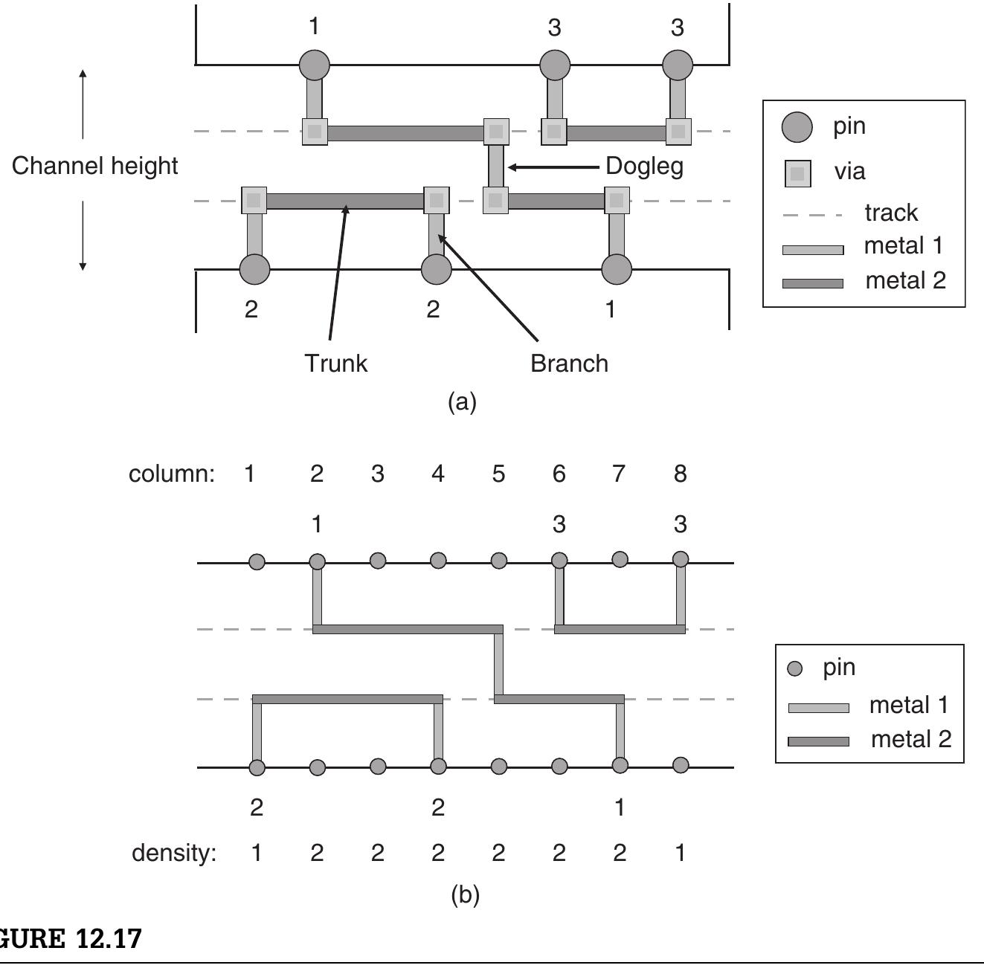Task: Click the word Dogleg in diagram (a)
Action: point(644,166)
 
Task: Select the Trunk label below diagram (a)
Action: point(335,364)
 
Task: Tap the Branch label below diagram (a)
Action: point(569,364)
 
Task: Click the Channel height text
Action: point(94,166)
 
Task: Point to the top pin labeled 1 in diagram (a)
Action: point(315,65)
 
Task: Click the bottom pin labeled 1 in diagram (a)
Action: point(617,269)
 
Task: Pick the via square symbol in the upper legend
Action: point(797,173)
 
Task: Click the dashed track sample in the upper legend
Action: point(812,215)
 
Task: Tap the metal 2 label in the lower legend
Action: point(910,740)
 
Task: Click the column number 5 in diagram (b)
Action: point(498,474)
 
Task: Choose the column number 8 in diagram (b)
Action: point(680,474)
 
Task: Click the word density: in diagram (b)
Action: point(174,853)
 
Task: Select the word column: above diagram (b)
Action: point(172,474)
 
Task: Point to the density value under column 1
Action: point(256,853)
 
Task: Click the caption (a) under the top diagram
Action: point(462,402)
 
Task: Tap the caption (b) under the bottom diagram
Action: point(465,894)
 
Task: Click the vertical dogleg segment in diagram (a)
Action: point(496,166)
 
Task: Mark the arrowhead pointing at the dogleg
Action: point(513,167)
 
